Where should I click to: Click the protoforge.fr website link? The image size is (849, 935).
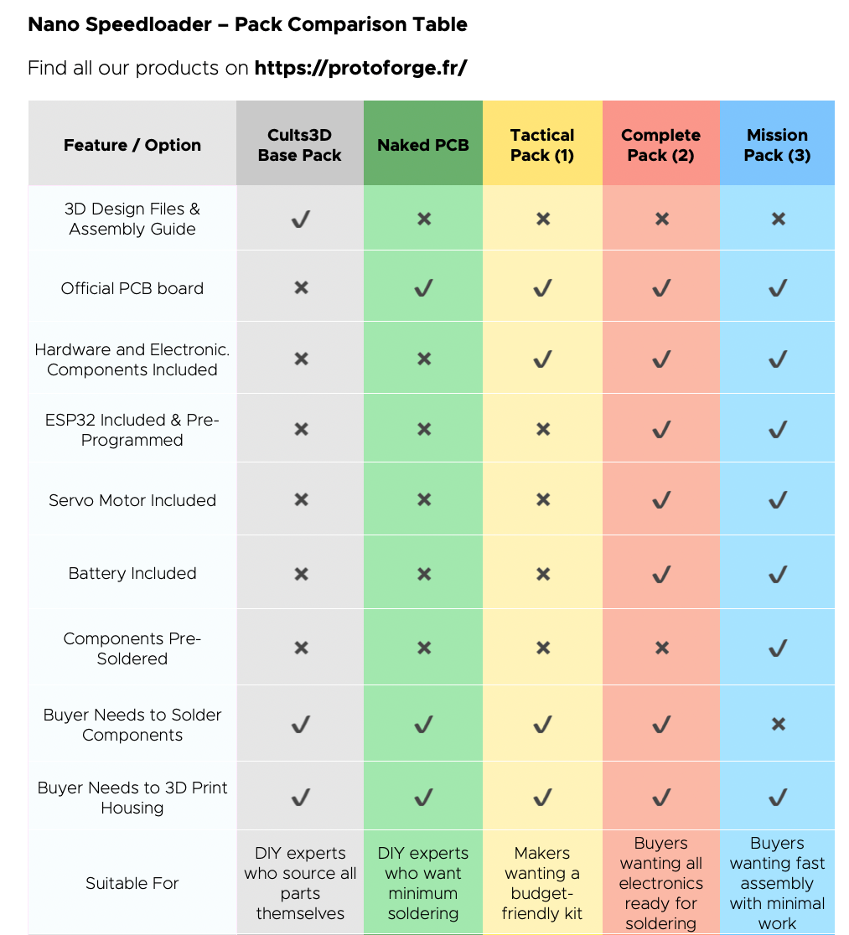[360, 68]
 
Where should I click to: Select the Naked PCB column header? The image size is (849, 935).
[423, 145]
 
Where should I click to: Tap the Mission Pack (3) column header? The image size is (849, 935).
[777, 145]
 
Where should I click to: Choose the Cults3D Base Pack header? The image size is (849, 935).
[300, 145]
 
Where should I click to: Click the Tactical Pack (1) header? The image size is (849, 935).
[542, 145]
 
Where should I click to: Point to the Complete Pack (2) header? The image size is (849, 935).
[660, 145]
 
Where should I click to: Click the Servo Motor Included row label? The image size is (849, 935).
[132, 500]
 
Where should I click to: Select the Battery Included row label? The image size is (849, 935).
[132, 573]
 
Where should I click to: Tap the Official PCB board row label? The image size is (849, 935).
[132, 288]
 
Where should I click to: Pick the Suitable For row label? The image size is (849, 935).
[132, 883]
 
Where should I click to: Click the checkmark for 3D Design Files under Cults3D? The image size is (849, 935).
[300, 220]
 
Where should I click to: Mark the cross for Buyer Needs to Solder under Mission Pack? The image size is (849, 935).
[778, 724]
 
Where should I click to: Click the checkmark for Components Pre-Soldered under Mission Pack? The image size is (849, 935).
[778, 648]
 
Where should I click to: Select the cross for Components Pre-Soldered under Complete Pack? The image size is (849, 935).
[661, 648]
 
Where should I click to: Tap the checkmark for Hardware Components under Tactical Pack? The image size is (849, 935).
[542, 359]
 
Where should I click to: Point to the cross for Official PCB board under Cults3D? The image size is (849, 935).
[301, 288]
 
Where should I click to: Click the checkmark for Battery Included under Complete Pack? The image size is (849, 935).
[661, 574]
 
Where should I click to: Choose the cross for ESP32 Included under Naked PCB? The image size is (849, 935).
[424, 430]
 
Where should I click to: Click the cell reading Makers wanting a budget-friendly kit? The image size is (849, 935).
[542, 883]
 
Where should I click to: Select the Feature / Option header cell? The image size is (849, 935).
[132, 145]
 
